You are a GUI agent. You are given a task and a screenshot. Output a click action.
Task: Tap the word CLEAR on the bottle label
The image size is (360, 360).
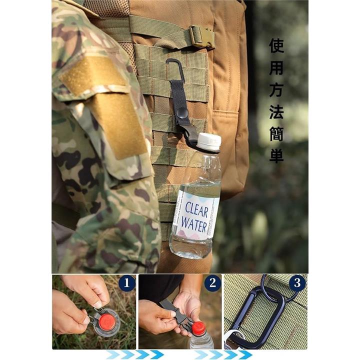pyautogui.click(x=197, y=209)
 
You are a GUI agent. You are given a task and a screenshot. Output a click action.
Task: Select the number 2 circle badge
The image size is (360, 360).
pyautogui.click(x=212, y=283)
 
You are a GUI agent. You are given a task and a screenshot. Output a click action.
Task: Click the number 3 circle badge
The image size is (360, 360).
pyautogui.click(x=297, y=283)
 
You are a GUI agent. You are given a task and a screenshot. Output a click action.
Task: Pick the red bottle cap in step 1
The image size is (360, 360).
pyautogui.click(x=107, y=320)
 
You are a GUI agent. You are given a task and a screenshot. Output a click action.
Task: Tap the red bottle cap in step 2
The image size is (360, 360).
pyautogui.click(x=199, y=328)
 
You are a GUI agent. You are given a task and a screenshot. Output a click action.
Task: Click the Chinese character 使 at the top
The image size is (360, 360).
pyautogui.click(x=277, y=46)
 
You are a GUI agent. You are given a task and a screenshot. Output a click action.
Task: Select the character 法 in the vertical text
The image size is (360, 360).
pyautogui.click(x=277, y=112)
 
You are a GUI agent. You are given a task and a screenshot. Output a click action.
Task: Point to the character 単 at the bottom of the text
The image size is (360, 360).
pyautogui.click(x=277, y=156)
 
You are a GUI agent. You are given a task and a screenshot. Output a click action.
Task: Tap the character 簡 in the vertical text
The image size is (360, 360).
pyautogui.click(x=277, y=134)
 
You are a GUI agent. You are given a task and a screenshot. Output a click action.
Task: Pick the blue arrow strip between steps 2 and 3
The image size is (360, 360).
pyautogui.click(x=222, y=354)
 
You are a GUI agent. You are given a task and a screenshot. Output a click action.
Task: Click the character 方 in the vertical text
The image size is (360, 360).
pyautogui.click(x=277, y=90)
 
